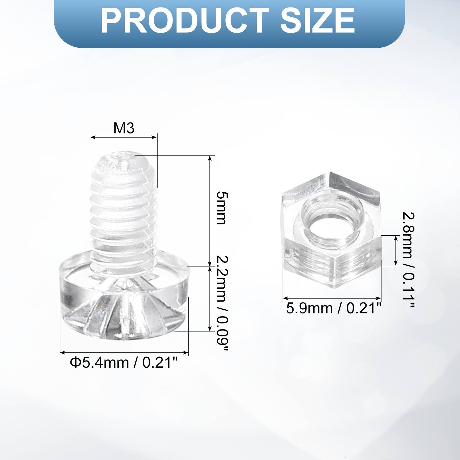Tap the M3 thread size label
(x=124, y=128)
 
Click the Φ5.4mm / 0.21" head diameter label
(x=124, y=363)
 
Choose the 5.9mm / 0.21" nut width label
(x=333, y=308)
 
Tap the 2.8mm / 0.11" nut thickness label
(x=408, y=260)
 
